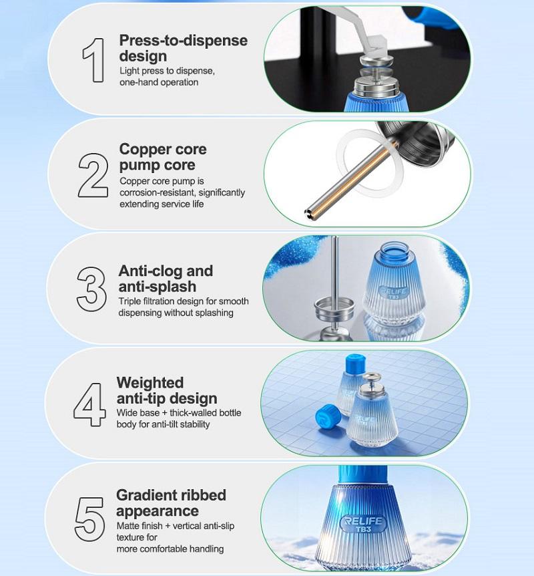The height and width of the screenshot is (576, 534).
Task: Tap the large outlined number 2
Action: pyautogui.click(x=93, y=175)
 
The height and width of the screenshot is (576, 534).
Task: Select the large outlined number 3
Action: pyautogui.click(x=91, y=289)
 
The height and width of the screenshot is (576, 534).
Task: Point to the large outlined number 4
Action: pyautogui.click(x=89, y=404)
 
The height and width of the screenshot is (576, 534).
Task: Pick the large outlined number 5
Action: pyautogui.click(x=89, y=519)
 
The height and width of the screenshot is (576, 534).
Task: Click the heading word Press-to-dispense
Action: pyautogui.click(x=183, y=41)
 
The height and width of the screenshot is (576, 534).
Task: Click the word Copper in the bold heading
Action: pyautogui.click(x=141, y=150)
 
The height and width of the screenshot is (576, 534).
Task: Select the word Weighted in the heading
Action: pyautogui.click(x=150, y=383)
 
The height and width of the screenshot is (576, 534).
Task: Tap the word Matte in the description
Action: pyautogui.click(x=128, y=526)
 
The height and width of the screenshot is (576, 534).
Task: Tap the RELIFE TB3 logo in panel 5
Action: pyautogui.click(x=362, y=524)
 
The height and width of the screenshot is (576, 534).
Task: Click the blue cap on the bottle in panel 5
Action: pyautogui.click(x=362, y=475)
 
